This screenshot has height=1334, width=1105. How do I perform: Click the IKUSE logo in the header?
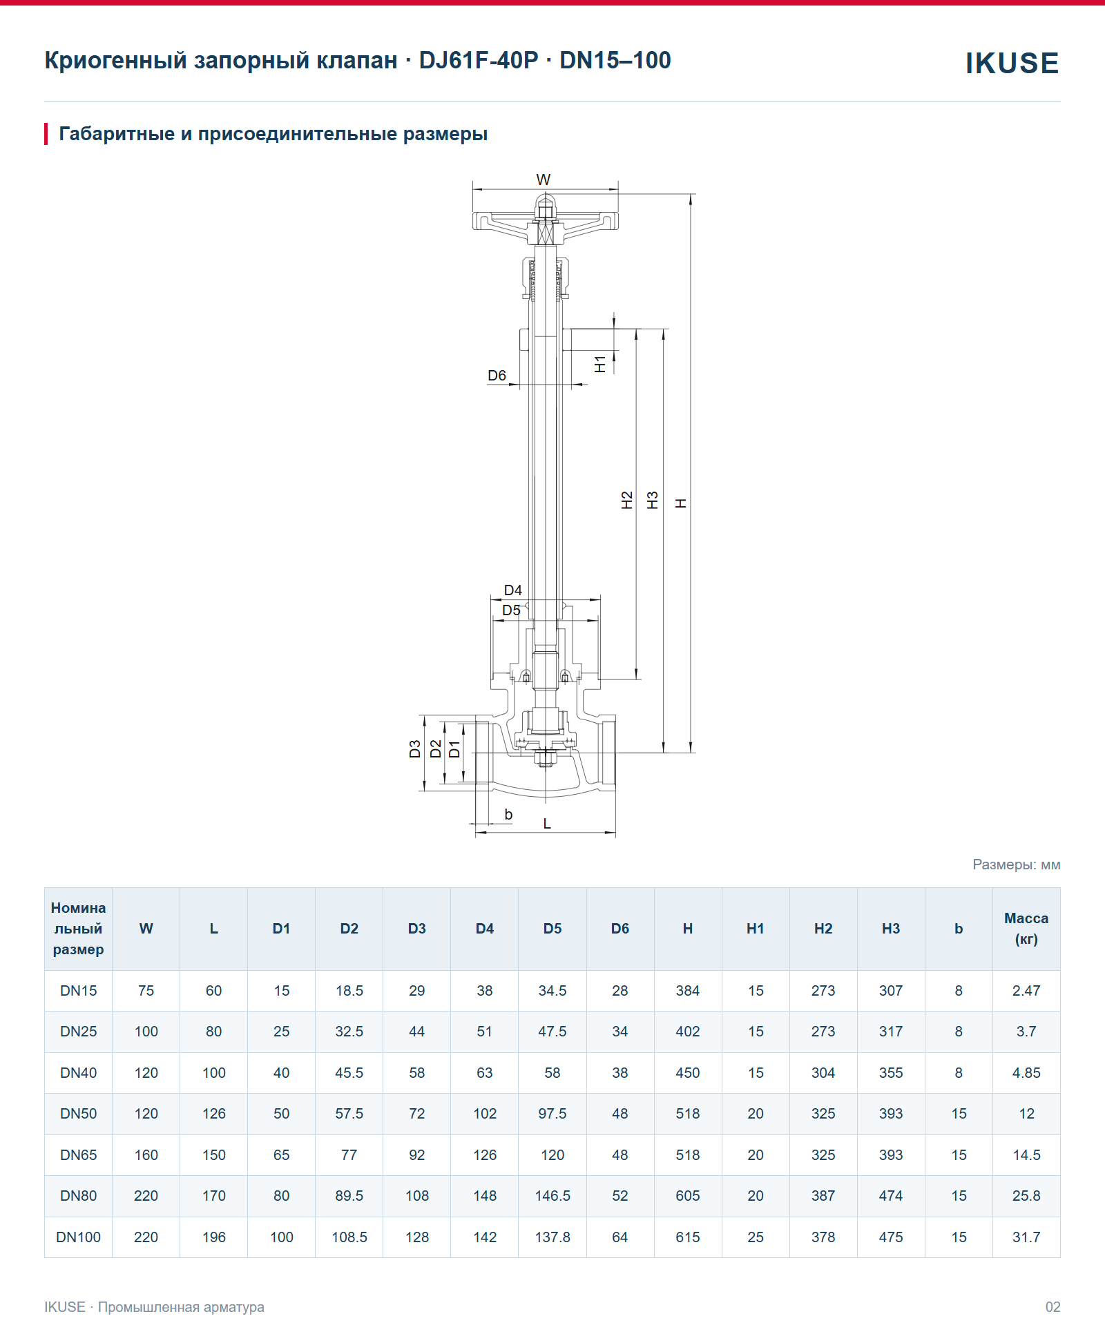pyautogui.click(x=1012, y=63)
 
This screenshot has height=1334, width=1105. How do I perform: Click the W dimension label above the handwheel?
pyautogui.click(x=544, y=180)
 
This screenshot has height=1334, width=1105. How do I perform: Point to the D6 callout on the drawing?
pyautogui.click(x=497, y=376)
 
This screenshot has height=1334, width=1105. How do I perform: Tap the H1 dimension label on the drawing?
pyautogui.click(x=600, y=364)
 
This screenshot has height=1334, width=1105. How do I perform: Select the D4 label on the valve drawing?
pyautogui.click(x=512, y=590)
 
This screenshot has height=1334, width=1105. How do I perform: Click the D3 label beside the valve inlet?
pyautogui.click(x=414, y=749)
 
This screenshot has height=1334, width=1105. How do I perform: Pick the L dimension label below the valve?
pyautogui.click(x=547, y=823)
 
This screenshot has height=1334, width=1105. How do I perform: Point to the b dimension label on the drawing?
pyautogui.click(x=508, y=815)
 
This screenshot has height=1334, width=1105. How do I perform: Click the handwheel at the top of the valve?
pyautogui.click(x=545, y=221)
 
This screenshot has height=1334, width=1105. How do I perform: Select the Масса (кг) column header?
pyautogui.click(x=1026, y=929)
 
